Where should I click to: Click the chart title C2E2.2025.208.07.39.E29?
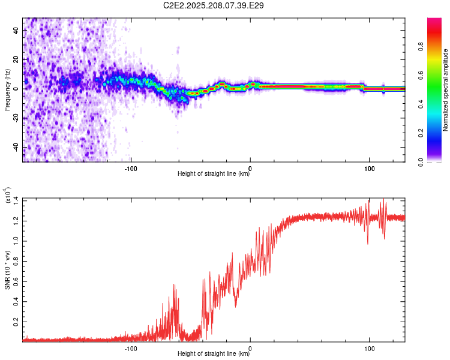pos(213,5)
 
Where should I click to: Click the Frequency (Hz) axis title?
pos(7,90)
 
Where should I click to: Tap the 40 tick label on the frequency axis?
pos(16,31)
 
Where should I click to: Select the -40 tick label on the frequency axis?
pos(16,147)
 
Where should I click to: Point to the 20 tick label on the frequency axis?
pos(16,60)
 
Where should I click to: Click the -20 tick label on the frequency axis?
pos(16,118)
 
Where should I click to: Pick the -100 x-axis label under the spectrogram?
pos(131,169)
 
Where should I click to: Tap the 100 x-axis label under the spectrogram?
pos(370,169)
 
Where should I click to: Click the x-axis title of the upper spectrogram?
pos(214,173)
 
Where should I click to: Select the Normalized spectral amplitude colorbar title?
pos(445,90)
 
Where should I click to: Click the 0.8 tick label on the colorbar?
pos(421,47)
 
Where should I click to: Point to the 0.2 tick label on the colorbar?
pos(421,133)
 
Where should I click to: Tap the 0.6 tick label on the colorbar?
pos(421,75)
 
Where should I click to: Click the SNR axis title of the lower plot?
pos(7,270)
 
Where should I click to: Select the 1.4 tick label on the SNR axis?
pos(16,200)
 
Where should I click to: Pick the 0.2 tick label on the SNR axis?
pos(16,322)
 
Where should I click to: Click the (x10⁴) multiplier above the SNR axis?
pos(7,195)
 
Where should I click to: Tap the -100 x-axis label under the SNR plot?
pos(131,349)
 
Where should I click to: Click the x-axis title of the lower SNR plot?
pos(214,353)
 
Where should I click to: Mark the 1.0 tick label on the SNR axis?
pos(16,241)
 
